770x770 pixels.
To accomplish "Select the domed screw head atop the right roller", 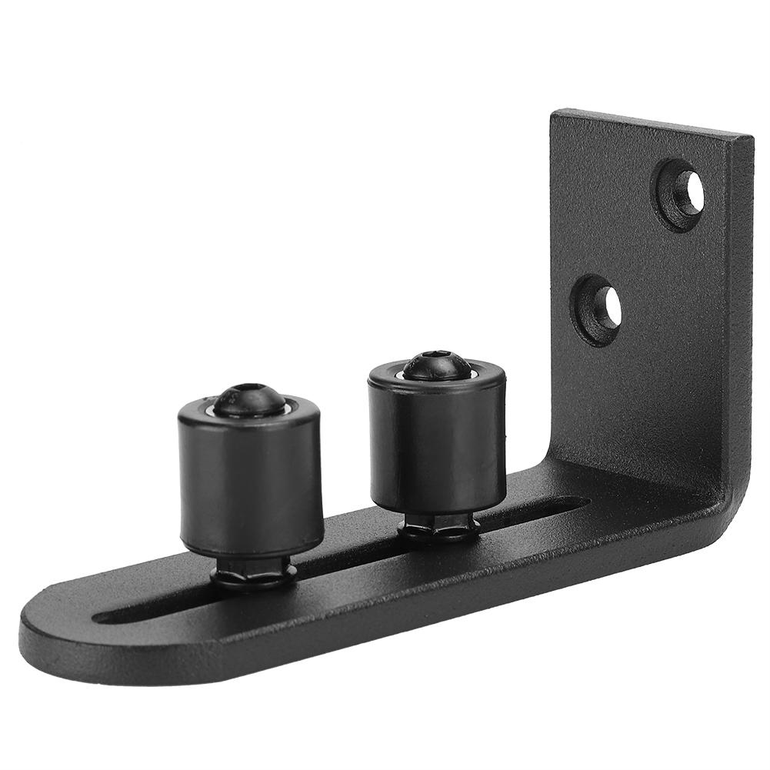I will click(x=436, y=365).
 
